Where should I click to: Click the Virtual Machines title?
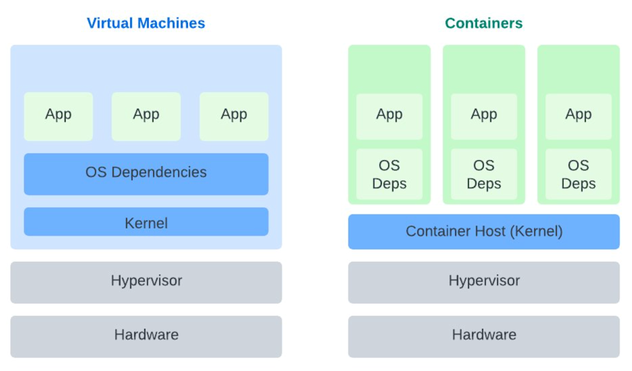pyautogui.click(x=146, y=23)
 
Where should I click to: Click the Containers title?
pyautogui.click(x=484, y=23)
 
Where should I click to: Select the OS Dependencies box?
pyautogui.click(x=146, y=174)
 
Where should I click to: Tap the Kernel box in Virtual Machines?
pyautogui.click(x=146, y=221)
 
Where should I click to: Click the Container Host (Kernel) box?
pyautogui.click(x=484, y=232)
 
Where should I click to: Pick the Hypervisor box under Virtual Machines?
pyautogui.click(x=146, y=282)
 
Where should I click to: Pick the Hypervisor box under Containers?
pyautogui.click(x=484, y=282)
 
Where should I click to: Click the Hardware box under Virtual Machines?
pyautogui.click(x=146, y=336)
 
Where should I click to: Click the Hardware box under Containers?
pyautogui.click(x=484, y=336)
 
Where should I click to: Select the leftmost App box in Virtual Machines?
pyautogui.click(x=59, y=116)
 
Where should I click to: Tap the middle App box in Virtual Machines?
pyautogui.click(x=146, y=116)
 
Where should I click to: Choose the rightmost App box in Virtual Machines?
pyautogui.click(x=233, y=116)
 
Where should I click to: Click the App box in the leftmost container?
pyautogui.click(x=389, y=116)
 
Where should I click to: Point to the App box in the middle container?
pyautogui.click(x=484, y=116)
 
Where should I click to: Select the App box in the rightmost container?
pyautogui.click(x=578, y=116)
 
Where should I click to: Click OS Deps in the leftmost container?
pyautogui.click(x=389, y=174)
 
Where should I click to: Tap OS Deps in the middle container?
pyautogui.click(x=484, y=174)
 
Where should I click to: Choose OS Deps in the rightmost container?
pyautogui.click(x=578, y=174)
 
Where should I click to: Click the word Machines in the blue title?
pyautogui.click(x=171, y=23)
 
